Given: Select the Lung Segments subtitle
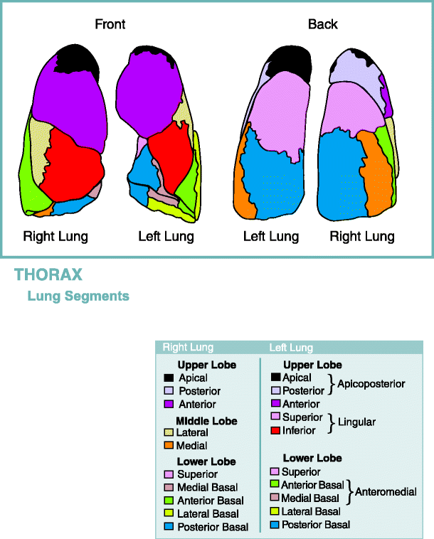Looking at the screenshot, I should pyautogui.click(x=78, y=296).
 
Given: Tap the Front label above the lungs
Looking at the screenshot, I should pyautogui.click(x=110, y=24).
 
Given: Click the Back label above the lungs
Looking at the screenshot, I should pyautogui.click(x=322, y=24).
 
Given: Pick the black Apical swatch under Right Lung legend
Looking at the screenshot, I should pyautogui.click(x=169, y=378).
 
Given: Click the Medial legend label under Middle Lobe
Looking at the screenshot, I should pyautogui.click(x=192, y=446).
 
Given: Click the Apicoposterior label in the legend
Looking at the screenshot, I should pyautogui.click(x=371, y=384).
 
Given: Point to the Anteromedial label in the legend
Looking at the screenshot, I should pyautogui.click(x=386, y=491).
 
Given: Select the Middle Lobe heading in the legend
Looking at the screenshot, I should pyautogui.click(x=207, y=421).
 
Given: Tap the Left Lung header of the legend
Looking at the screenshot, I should pyautogui.click(x=290, y=348).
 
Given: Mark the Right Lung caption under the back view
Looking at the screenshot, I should pyautogui.click(x=362, y=236).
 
